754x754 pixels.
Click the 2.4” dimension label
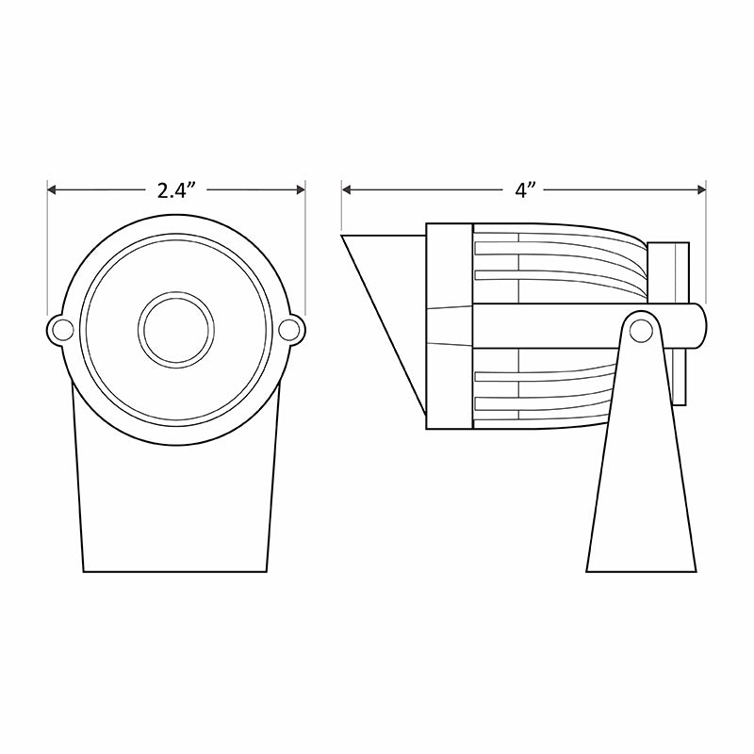176,190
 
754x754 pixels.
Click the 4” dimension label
525,190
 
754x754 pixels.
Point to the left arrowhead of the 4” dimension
348,190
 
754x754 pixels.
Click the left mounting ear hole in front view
61,329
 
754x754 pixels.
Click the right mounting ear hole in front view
291,329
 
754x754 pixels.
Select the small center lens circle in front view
176,329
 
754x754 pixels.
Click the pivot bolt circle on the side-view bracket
642,329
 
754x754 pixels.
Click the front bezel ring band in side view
450,326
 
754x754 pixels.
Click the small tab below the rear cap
680,377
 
